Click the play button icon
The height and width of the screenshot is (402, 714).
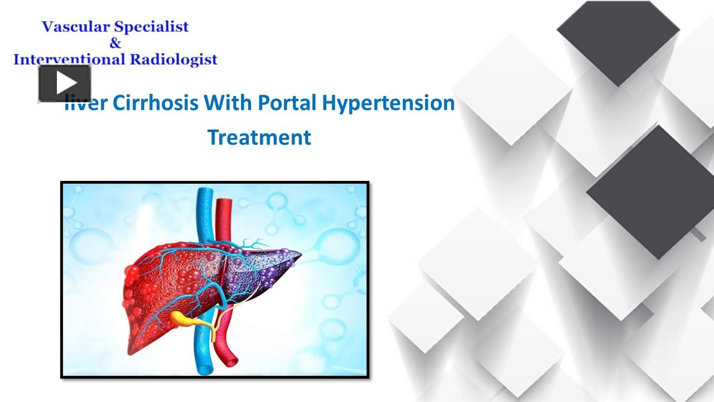coord(65,83)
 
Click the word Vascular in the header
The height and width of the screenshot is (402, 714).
coord(76,27)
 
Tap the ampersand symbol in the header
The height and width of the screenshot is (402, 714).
coord(115,43)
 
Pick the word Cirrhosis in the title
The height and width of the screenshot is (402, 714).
coord(156,103)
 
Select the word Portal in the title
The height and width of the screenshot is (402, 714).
coord(287,103)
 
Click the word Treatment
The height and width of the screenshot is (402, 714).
coord(259,137)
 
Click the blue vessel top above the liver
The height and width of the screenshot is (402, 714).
coord(205,192)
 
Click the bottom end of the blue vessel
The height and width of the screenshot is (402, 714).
coord(205,370)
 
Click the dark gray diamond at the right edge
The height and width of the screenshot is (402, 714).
coord(650,192)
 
